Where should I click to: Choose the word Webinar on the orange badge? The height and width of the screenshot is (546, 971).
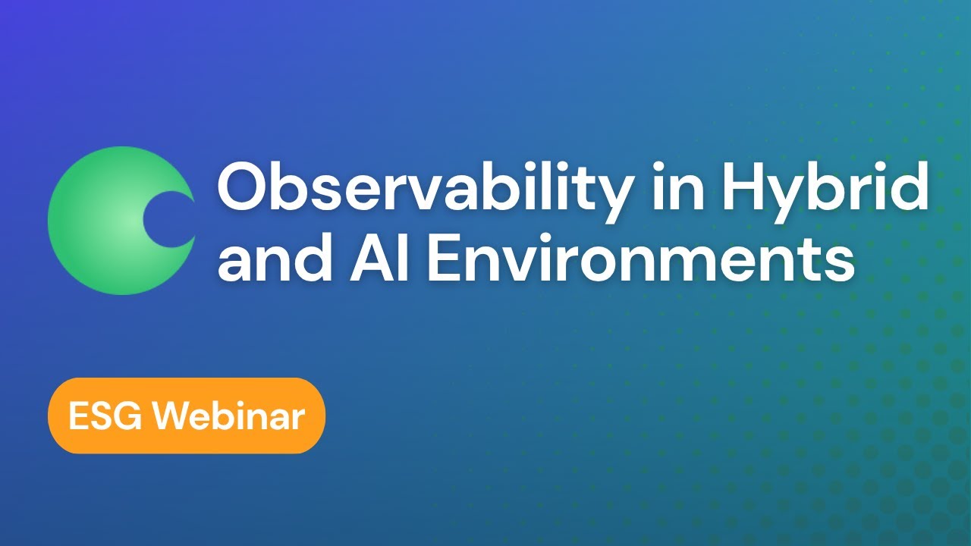(232, 416)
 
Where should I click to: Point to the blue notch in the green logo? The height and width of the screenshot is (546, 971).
(170, 220)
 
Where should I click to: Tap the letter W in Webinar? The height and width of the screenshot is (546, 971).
(177, 416)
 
